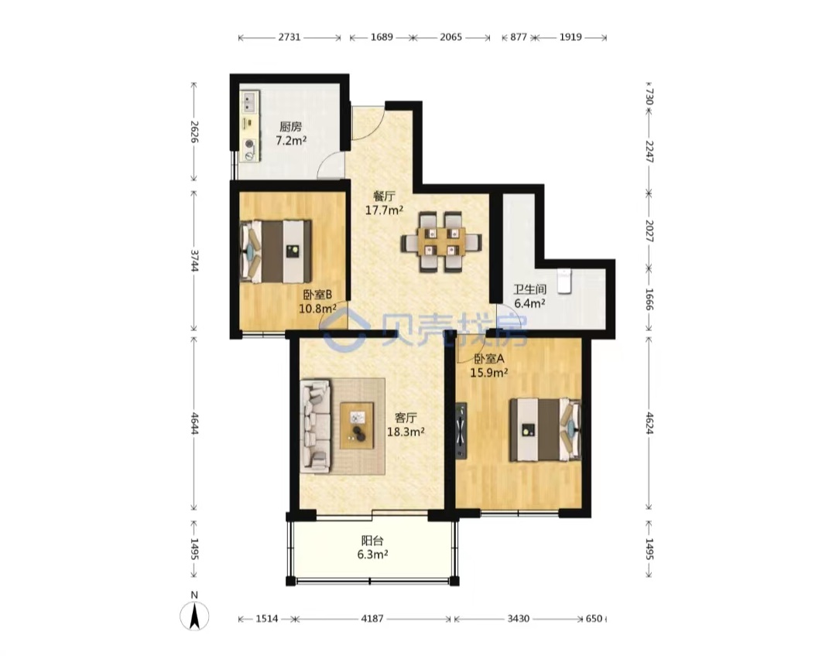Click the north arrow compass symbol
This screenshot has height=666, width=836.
point(194,616)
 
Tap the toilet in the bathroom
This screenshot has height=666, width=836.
point(564,281)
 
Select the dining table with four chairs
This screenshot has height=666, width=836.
point(441,242)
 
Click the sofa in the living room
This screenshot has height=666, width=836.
point(315,425)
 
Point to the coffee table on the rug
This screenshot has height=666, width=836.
point(357,425)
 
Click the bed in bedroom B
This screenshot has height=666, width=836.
point(276,251)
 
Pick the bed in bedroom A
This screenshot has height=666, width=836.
point(545,429)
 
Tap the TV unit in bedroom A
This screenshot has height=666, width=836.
point(461,431)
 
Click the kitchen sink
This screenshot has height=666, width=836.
point(250,102)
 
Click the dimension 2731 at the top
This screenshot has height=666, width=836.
point(290,37)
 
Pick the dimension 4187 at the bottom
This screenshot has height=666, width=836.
point(372,619)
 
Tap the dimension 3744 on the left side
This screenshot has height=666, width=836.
point(194,260)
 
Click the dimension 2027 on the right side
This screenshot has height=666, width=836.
point(649,231)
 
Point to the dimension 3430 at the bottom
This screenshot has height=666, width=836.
point(518,619)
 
